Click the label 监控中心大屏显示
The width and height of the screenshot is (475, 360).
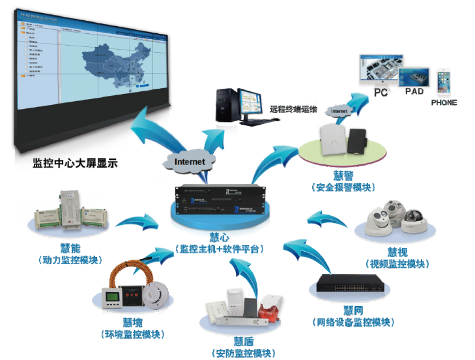(x=75, y=163)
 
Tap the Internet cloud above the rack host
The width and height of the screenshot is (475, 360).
(x=190, y=160)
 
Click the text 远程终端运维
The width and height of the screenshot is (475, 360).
(x=294, y=109)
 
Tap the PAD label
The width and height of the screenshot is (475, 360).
(x=414, y=92)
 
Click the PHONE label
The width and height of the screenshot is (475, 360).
(x=444, y=102)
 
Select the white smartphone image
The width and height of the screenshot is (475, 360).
(x=444, y=82)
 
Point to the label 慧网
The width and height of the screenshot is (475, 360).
(x=352, y=310)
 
